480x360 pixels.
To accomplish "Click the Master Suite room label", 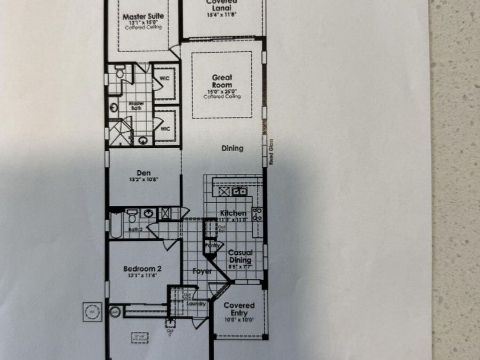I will tap(143, 17).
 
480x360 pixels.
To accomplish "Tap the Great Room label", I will tap(222, 81).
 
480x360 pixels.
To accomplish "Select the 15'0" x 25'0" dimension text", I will tap(222, 91).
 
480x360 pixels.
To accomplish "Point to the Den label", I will tap(143, 172).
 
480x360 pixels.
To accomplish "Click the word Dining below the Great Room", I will tap(233, 148).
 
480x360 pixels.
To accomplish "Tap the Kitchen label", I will tap(233, 213).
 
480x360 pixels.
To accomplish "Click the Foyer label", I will tap(202, 271).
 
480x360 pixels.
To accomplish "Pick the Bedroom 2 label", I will tap(143, 268).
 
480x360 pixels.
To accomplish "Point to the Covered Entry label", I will tap(239, 309).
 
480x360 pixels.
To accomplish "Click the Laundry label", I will tap(196, 304).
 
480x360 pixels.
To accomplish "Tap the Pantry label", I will tap(212, 245).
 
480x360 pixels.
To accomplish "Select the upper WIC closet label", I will tap(164, 78).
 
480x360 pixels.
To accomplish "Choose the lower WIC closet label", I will tap(164, 129).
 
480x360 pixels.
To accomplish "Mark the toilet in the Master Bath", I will tap(119, 71).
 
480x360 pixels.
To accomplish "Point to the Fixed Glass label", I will tap(271, 152).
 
